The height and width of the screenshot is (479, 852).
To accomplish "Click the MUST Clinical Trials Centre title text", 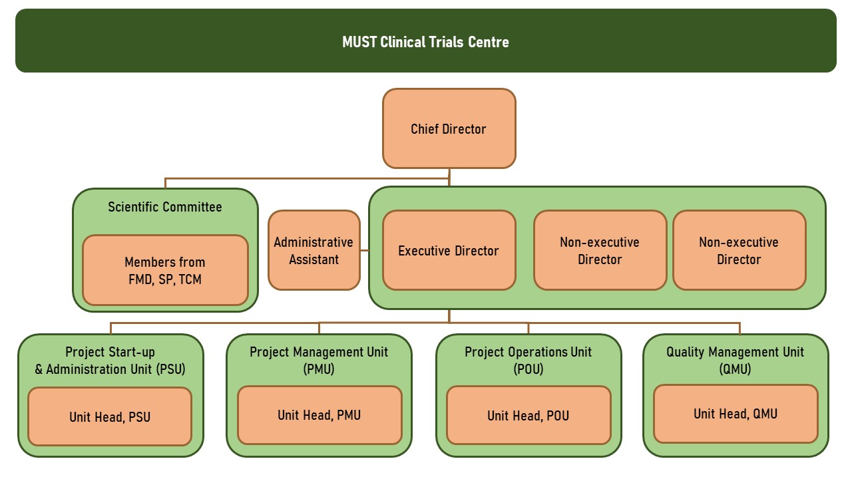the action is pyautogui.click(x=425, y=42).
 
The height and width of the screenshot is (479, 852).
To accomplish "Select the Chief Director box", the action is pyautogui.click(x=449, y=128).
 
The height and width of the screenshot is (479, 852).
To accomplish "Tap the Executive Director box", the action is pyautogui.click(x=449, y=250).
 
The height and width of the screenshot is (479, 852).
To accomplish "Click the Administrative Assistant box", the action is pyautogui.click(x=314, y=250).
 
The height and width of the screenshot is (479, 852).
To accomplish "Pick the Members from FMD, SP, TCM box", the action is pyautogui.click(x=166, y=270).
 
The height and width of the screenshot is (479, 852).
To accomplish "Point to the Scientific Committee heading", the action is pyautogui.click(x=165, y=207).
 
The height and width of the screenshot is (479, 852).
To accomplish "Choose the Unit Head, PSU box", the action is pyautogui.click(x=110, y=416).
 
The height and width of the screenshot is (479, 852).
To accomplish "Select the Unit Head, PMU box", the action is pyautogui.click(x=319, y=415).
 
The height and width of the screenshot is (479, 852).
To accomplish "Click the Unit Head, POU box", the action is pyautogui.click(x=529, y=415).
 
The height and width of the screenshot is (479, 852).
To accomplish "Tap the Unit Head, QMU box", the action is pyautogui.click(x=736, y=414).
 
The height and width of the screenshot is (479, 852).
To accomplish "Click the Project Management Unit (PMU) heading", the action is pyautogui.click(x=319, y=361).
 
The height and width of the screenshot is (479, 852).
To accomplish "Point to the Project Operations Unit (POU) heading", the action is pyautogui.click(x=529, y=361).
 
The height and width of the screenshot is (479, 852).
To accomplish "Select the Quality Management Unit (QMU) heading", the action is pyautogui.click(x=736, y=361).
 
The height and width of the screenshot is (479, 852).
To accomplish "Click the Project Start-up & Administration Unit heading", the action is pyautogui.click(x=110, y=361).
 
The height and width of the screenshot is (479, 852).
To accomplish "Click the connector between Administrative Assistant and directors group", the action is pyautogui.click(x=364, y=250).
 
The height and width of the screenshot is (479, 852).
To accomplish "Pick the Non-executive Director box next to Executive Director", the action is pyautogui.click(x=600, y=250).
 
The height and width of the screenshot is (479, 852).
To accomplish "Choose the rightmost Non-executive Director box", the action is pyautogui.click(x=740, y=250).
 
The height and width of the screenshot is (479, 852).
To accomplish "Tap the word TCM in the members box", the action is pyautogui.click(x=190, y=279).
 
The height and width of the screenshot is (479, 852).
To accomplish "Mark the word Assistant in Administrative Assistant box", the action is pyautogui.click(x=314, y=259).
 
